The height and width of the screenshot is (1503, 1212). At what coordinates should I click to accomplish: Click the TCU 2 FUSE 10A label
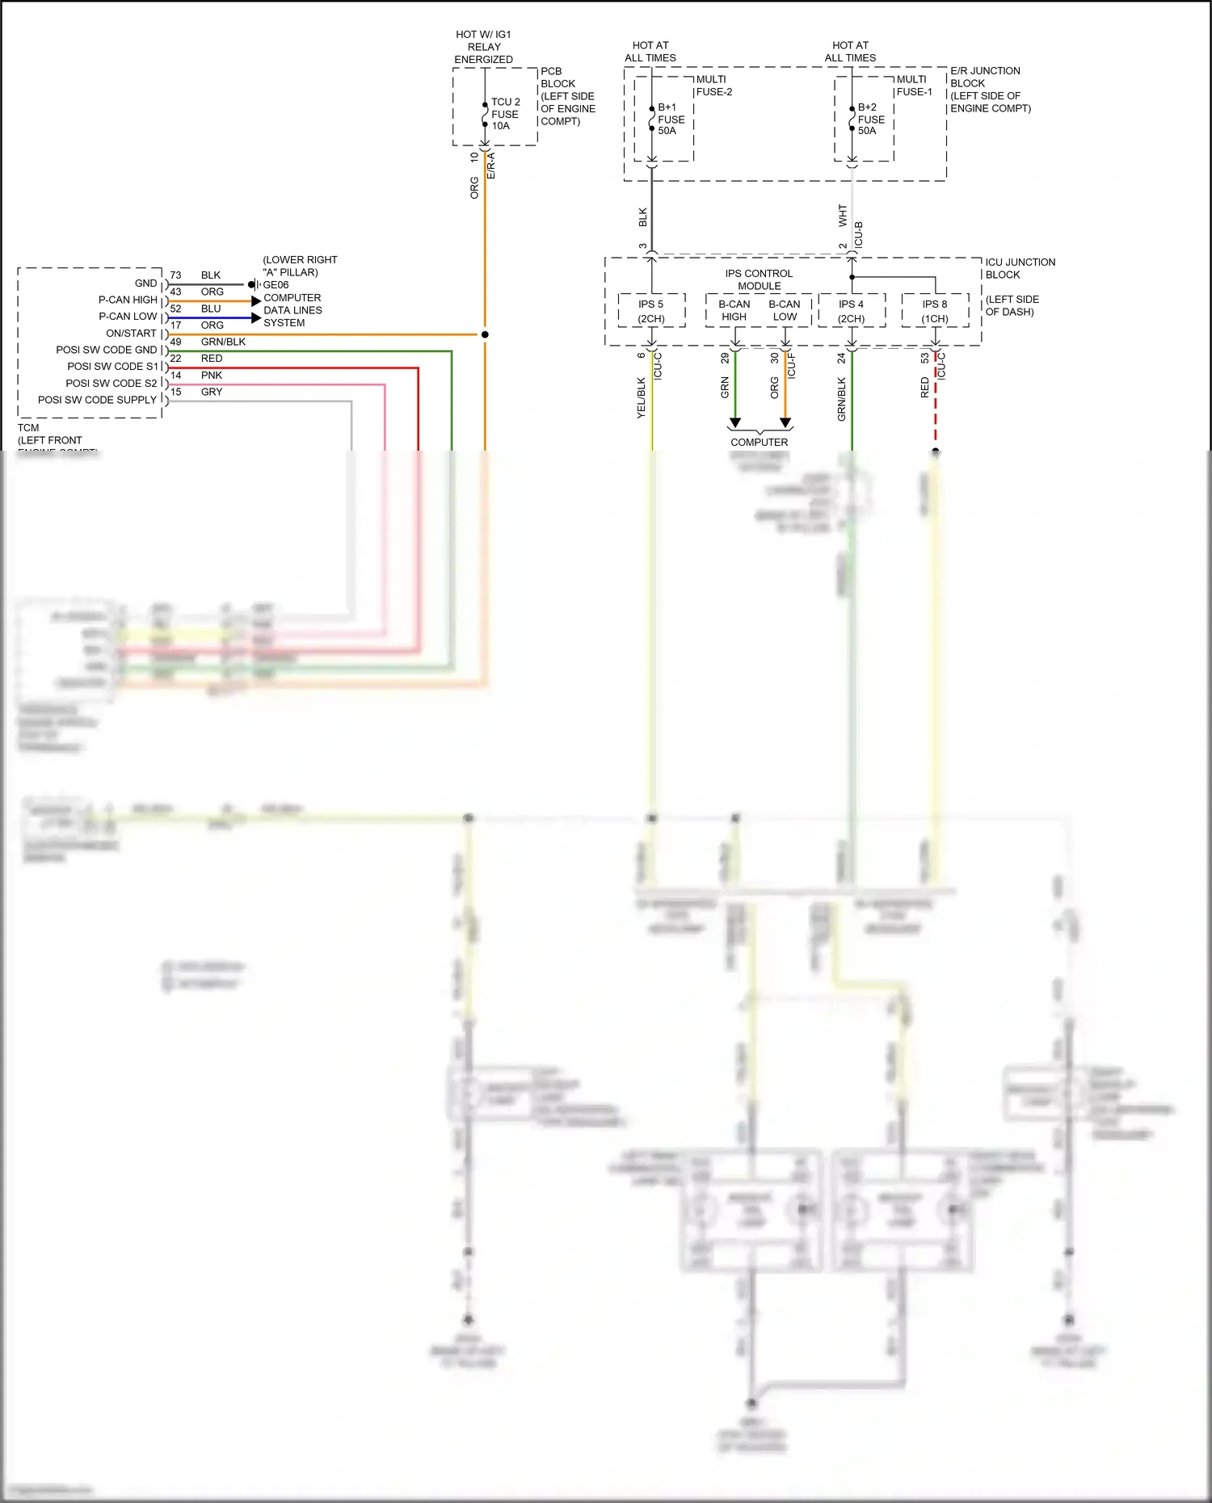(x=505, y=114)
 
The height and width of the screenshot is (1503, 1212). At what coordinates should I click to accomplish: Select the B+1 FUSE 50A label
(x=671, y=119)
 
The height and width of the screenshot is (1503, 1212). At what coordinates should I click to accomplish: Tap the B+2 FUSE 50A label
(x=871, y=119)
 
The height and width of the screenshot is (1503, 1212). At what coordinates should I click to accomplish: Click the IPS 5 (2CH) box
(x=651, y=311)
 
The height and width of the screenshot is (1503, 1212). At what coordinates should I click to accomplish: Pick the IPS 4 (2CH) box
(x=852, y=311)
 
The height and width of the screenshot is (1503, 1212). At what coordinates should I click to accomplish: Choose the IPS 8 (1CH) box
(x=935, y=311)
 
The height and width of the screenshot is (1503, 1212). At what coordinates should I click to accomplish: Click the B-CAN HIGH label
(x=734, y=310)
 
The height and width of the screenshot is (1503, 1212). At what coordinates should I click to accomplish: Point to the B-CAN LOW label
(x=785, y=310)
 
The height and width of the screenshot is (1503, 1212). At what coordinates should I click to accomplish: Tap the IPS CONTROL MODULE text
(x=759, y=279)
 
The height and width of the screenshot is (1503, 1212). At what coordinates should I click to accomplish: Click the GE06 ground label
(x=276, y=284)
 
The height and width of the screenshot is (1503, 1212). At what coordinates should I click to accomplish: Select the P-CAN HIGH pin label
(x=128, y=300)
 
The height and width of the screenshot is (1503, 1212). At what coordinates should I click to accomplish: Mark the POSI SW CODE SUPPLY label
(x=97, y=400)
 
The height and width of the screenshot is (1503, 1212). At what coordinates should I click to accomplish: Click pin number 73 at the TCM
(x=175, y=275)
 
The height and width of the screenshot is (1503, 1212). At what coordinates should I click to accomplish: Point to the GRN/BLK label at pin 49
(x=223, y=342)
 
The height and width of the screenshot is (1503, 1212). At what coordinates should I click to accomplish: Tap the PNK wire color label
(x=212, y=376)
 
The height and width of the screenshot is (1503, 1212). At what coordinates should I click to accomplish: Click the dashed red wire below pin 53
(x=936, y=404)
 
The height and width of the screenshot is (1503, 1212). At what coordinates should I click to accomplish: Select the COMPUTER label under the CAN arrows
(x=759, y=442)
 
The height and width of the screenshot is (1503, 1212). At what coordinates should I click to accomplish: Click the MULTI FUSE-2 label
(x=714, y=86)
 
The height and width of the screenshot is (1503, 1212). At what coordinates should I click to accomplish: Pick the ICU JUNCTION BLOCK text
(x=1020, y=268)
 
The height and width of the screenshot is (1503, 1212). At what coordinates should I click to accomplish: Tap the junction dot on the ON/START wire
(x=485, y=334)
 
